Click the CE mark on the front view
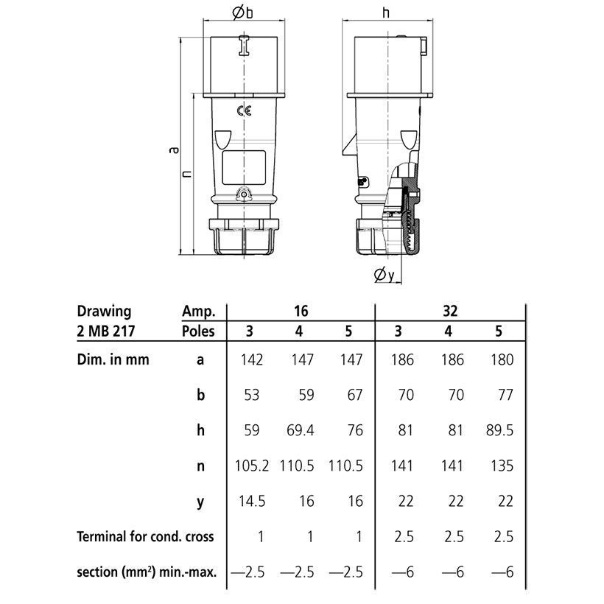[x=244, y=111]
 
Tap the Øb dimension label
[x=242, y=13]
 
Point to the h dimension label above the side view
[x=385, y=13]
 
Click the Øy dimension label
[x=384, y=275]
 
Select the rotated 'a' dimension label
[x=175, y=150]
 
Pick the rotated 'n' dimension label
[x=187, y=174]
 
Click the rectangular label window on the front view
[x=244, y=167]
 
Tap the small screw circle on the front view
[x=244, y=195]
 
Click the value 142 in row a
[x=251, y=359]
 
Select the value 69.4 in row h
[x=300, y=430]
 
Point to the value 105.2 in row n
[x=252, y=466]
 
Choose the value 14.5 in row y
[x=252, y=501]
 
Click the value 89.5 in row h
[x=499, y=430]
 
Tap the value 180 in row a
[x=502, y=359]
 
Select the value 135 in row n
[x=502, y=466]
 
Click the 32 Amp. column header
[x=450, y=311]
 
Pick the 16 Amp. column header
[x=301, y=311]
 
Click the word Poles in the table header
[x=198, y=331]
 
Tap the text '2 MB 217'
[x=106, y=331]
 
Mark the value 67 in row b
[x=355, y=395]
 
